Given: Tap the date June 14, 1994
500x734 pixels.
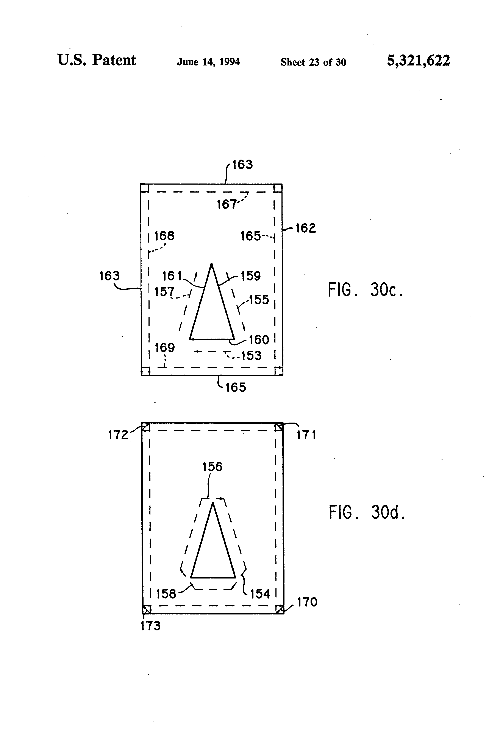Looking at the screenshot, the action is [x=208, y=62].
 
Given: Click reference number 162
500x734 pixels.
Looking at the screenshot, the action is [x=306, y=228].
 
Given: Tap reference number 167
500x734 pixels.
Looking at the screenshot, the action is [x=226, y=204].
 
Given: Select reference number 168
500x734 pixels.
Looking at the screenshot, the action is [x=164, y=236].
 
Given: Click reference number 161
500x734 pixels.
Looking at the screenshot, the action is [x=172, y=276].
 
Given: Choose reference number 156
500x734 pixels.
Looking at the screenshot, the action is [x=212, y=467].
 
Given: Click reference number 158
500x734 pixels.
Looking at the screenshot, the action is [x=166, y=594].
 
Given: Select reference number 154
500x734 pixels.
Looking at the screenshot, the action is [x=260, y=594].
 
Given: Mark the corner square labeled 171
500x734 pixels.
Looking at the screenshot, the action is [x=279, y=427].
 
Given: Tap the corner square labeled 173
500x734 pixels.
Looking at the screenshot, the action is [x=146, y=609].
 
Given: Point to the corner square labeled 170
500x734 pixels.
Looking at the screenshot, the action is [x=279, y=609].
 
